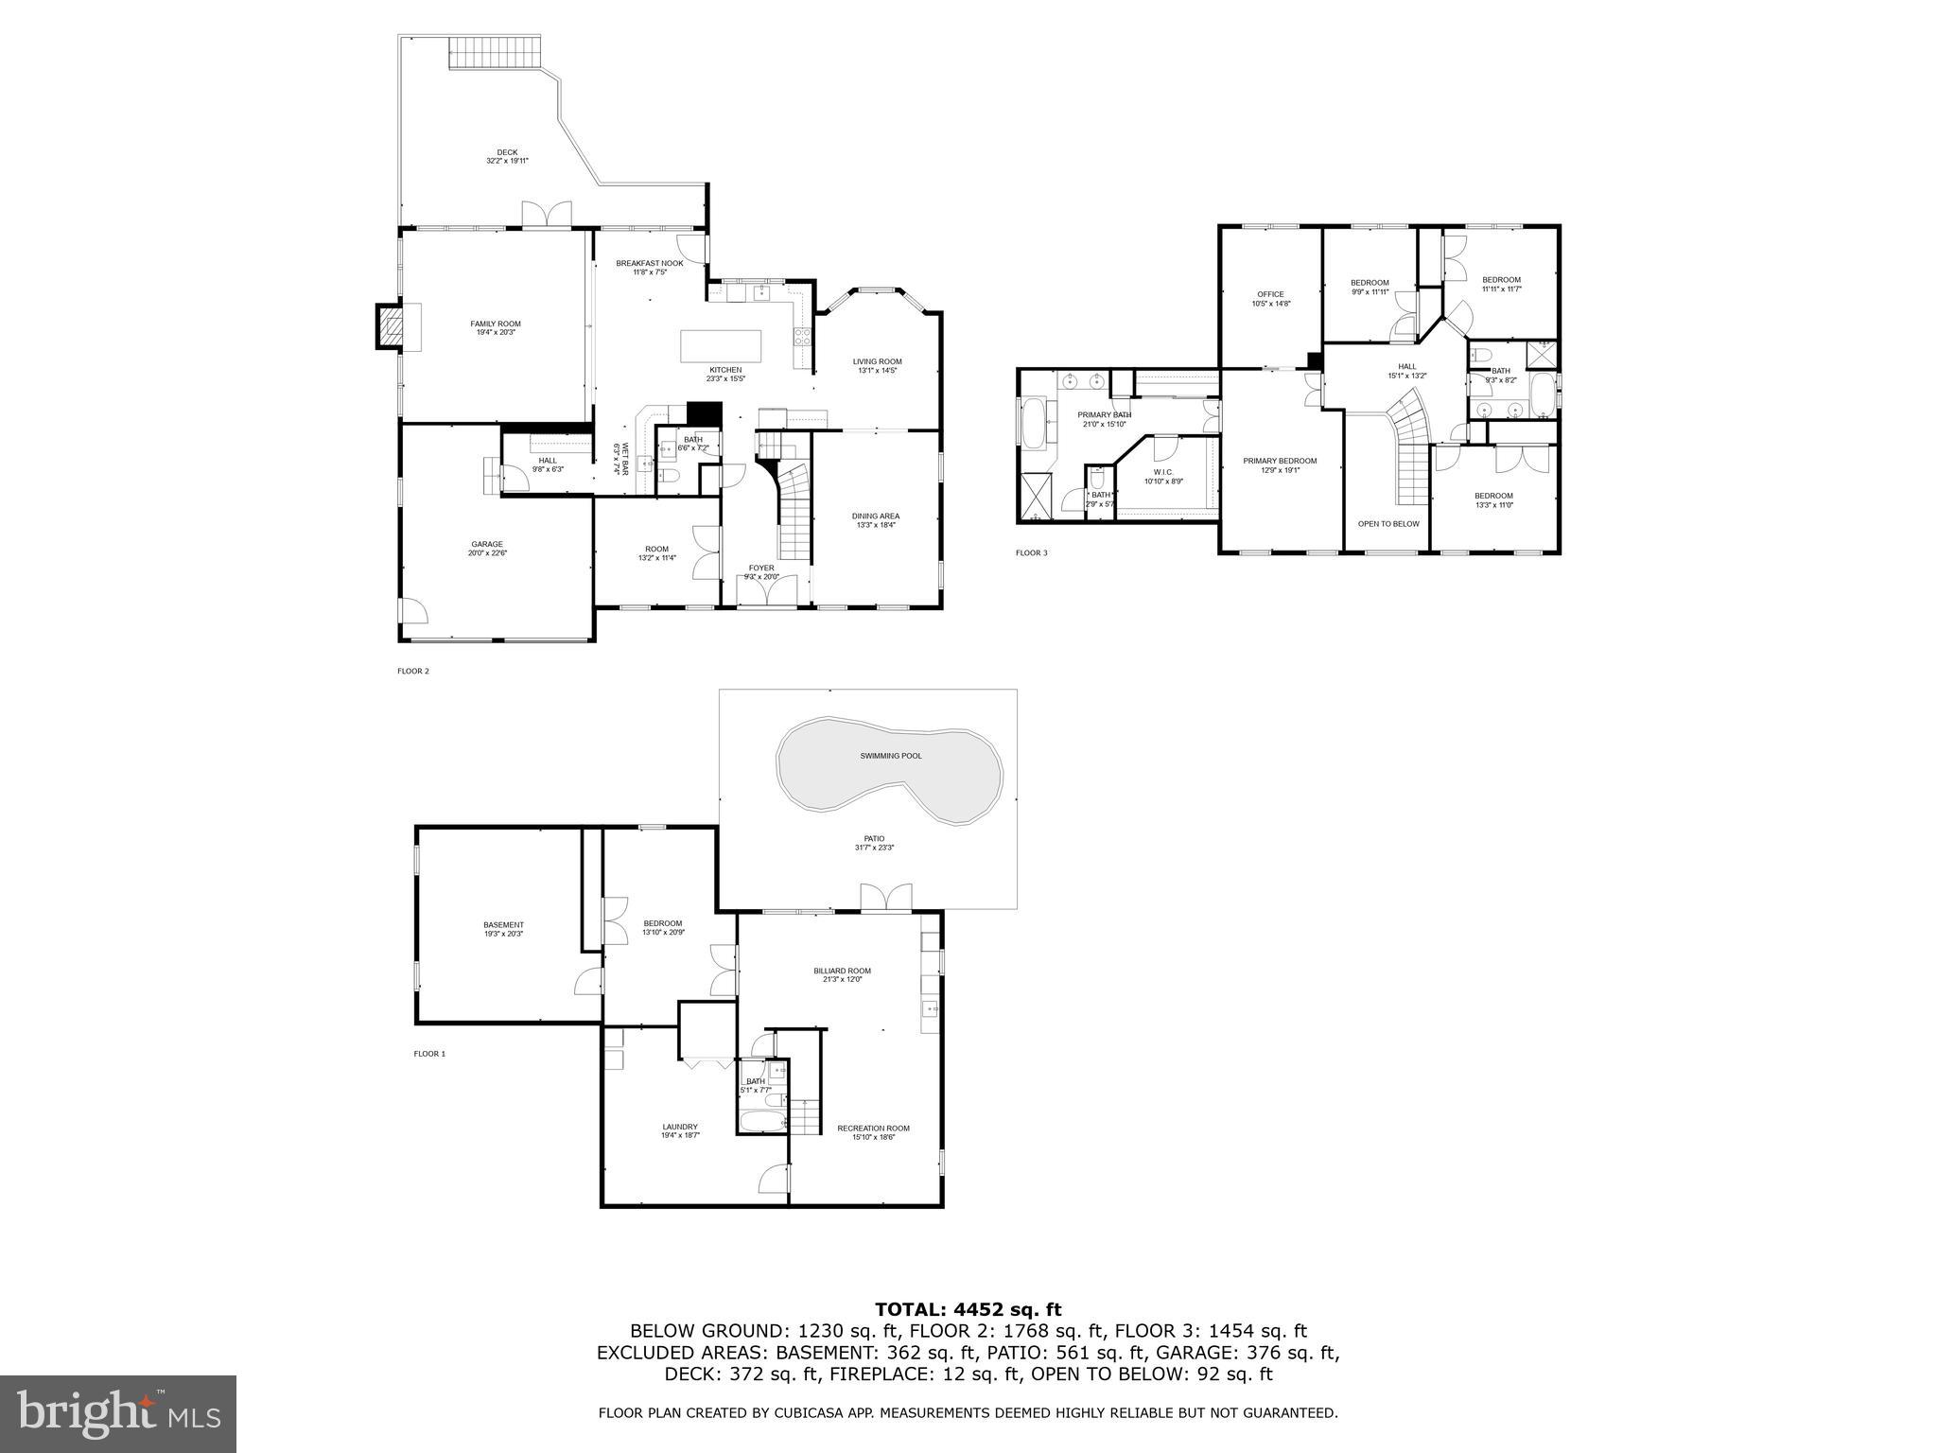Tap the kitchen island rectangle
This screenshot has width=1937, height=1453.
[x=721, y=345]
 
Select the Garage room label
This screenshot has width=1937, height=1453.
[x=487, y=545]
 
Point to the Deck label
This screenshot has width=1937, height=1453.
[x=508, y=153]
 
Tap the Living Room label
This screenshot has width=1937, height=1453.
[x=877, y=361]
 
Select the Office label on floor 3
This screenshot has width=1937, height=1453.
[x=1270, y=294]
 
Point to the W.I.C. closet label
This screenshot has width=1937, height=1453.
[x=1162, y=472]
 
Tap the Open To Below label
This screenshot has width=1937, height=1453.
[x=1387, y=523]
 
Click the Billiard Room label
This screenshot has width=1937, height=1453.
[x=842, y=971]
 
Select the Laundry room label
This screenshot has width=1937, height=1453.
[x=679, y=1127]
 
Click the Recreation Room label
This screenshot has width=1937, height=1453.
[x=872, y=1128]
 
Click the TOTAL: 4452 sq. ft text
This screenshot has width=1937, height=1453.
[x=968, y=1309]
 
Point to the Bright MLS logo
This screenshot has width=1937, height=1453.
[x=118, y=1414]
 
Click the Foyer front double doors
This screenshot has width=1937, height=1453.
[x=767, y=593]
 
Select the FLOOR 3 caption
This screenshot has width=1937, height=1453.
[x=1031, y=552]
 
